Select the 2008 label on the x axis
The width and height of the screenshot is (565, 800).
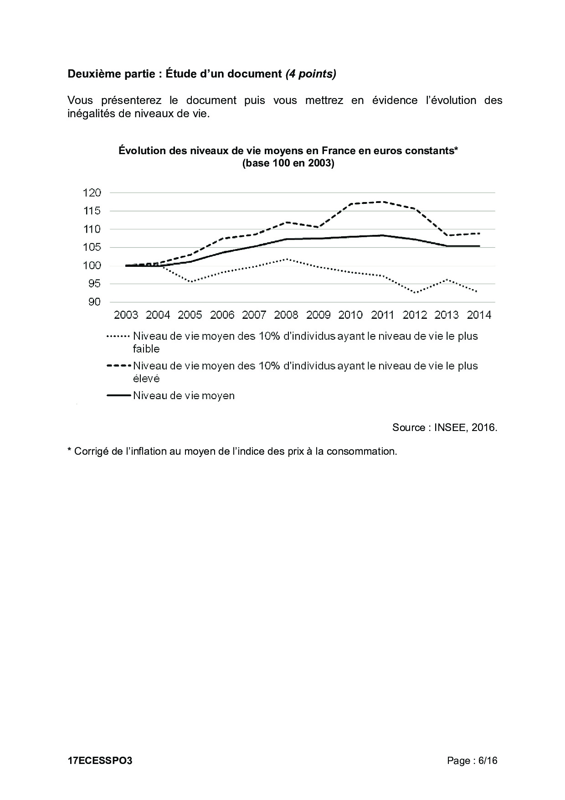286,315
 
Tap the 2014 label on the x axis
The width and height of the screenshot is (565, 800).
479,315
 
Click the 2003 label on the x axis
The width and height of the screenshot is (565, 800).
126,315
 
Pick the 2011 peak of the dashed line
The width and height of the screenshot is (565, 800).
383,202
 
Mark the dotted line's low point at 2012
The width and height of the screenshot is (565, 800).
415,293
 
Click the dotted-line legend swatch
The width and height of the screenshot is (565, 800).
118,337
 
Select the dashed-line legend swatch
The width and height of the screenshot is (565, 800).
118,366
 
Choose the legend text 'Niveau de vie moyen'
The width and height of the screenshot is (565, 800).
184,396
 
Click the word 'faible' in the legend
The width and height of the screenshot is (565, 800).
146,349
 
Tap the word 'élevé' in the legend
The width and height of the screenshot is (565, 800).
146,379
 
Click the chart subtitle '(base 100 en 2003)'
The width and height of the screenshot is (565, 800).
288,163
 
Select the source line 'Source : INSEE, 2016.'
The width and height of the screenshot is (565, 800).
444,428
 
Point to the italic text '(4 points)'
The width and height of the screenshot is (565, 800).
311,74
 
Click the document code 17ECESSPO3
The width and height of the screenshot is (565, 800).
100,761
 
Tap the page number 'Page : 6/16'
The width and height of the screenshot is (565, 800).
472,761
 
